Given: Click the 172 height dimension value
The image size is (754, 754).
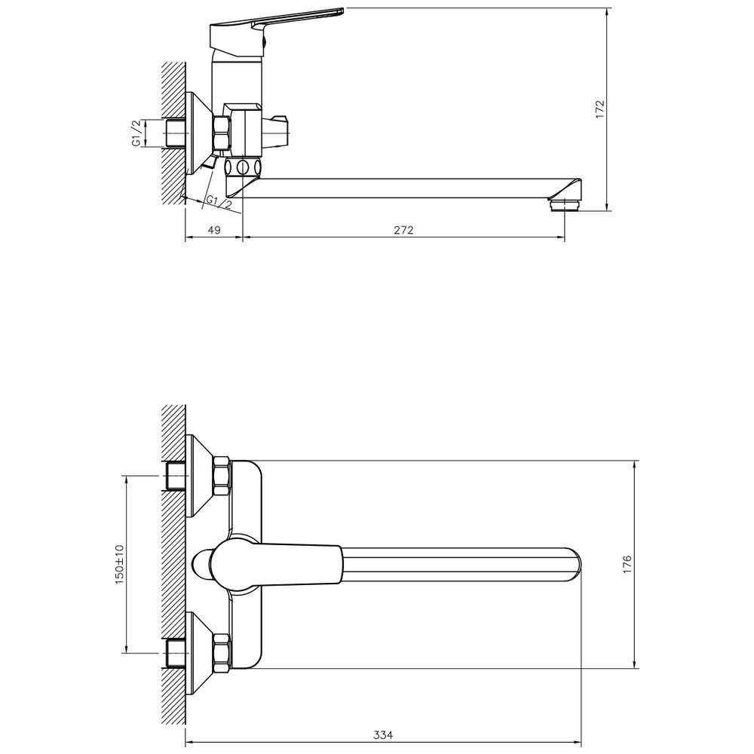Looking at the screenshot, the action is coord(599,109).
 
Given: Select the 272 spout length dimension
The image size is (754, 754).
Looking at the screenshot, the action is coord(404,230).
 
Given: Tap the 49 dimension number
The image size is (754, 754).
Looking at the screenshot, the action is coord(214,230).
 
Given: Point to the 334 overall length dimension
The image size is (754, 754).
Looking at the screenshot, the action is coord(383,735).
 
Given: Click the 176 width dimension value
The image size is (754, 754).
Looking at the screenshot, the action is coord(627,565).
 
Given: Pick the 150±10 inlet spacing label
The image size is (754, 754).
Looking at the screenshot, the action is coord(119,564).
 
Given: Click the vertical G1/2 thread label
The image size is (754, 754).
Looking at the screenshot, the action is coord(136,133).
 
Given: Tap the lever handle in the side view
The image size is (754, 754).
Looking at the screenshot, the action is coord(277,29).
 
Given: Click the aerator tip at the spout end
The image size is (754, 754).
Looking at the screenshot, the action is coord(565,205).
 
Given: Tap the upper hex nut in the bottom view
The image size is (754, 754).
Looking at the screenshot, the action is coord(222,476).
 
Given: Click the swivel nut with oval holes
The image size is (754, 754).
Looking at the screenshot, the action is coord(244,167).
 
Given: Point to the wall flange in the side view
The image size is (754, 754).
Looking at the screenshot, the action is coord(199,133).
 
